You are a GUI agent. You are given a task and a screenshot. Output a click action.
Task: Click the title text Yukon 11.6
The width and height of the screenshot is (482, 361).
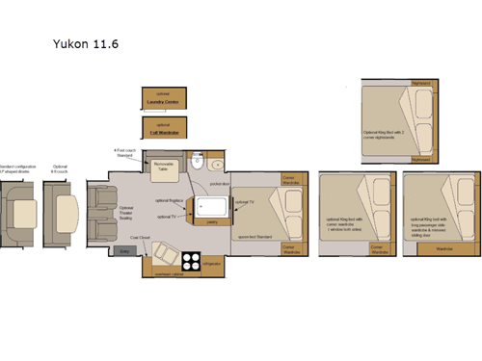point(87,44)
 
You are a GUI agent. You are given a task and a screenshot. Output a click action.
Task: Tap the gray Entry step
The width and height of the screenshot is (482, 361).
point(122,251)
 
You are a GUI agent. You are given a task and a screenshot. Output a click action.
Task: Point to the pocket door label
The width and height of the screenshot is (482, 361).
point(218,181)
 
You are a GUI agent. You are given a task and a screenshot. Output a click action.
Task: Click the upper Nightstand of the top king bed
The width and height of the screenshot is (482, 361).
point(420,84)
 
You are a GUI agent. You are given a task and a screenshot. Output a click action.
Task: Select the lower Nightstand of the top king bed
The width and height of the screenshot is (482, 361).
point(420,159)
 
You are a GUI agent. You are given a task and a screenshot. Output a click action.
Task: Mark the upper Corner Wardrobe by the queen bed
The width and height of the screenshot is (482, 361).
point(289,180)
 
